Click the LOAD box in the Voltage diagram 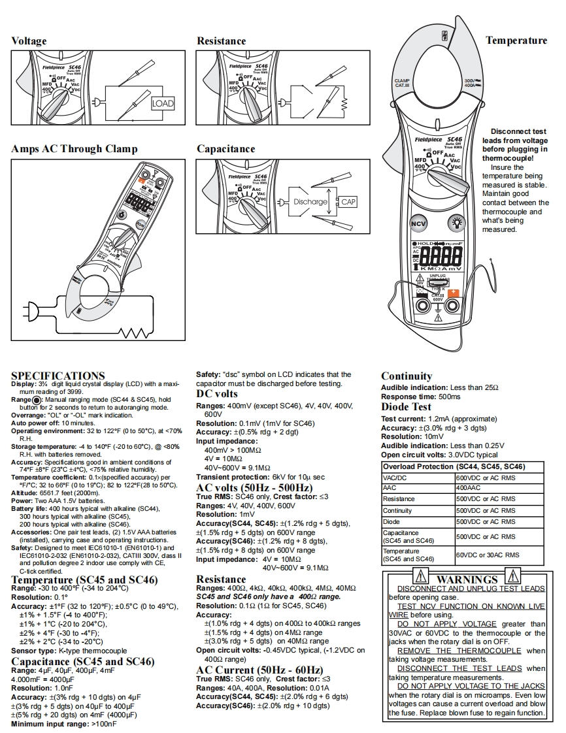click(163, 103)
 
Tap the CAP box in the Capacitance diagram click(348, 203)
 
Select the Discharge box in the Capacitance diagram click(310, 203)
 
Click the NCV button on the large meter click(418, 223)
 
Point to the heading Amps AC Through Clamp click(75, 149)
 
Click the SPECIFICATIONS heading click(58, 376)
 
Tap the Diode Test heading click(407, 407)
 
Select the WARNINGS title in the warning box click(467, 579)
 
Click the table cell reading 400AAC click(468, 488)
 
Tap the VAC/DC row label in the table click(395, 478)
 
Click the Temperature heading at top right click(516, 41)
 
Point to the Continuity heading click(407, 376)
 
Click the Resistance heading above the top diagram click(222, 41)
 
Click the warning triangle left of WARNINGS click(422, 577)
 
